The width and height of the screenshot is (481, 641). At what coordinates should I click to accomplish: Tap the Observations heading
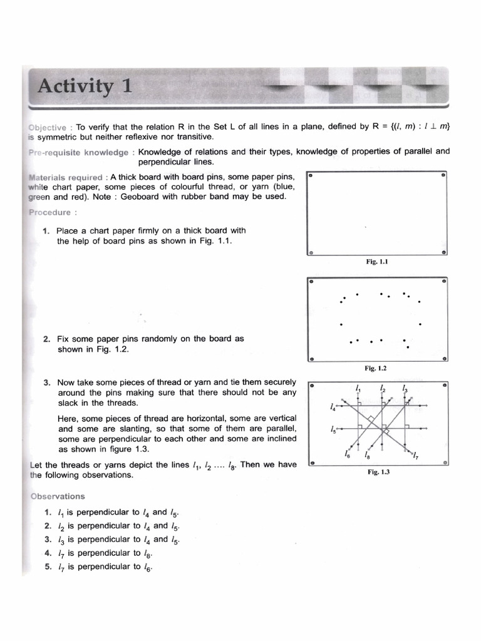point(57,496)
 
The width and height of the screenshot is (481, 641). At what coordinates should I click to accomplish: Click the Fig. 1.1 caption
point(376,262)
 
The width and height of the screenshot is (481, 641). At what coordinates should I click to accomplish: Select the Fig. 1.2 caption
point(376,369)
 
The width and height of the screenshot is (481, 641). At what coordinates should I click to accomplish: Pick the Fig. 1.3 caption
point(378,473)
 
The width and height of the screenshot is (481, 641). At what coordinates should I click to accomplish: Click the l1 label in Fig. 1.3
point(358,389)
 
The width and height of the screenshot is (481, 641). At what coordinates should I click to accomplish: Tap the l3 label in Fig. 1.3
point(405,389)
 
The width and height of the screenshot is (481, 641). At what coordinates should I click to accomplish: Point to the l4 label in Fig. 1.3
point(332,408)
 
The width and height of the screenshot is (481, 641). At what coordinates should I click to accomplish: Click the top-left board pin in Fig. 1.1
point(311,176)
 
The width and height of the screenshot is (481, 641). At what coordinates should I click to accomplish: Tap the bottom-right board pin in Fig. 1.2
point(443,359)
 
